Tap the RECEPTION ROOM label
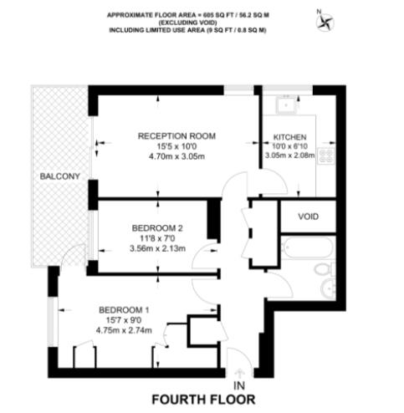tap(176, 135)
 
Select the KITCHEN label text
tap(289, 136)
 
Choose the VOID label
tap(309, 216)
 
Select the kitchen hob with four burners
tap(326, 155)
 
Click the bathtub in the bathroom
tap(299, 248)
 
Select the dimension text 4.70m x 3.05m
tap(176, 156)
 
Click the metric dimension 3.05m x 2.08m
tap(289, 156)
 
